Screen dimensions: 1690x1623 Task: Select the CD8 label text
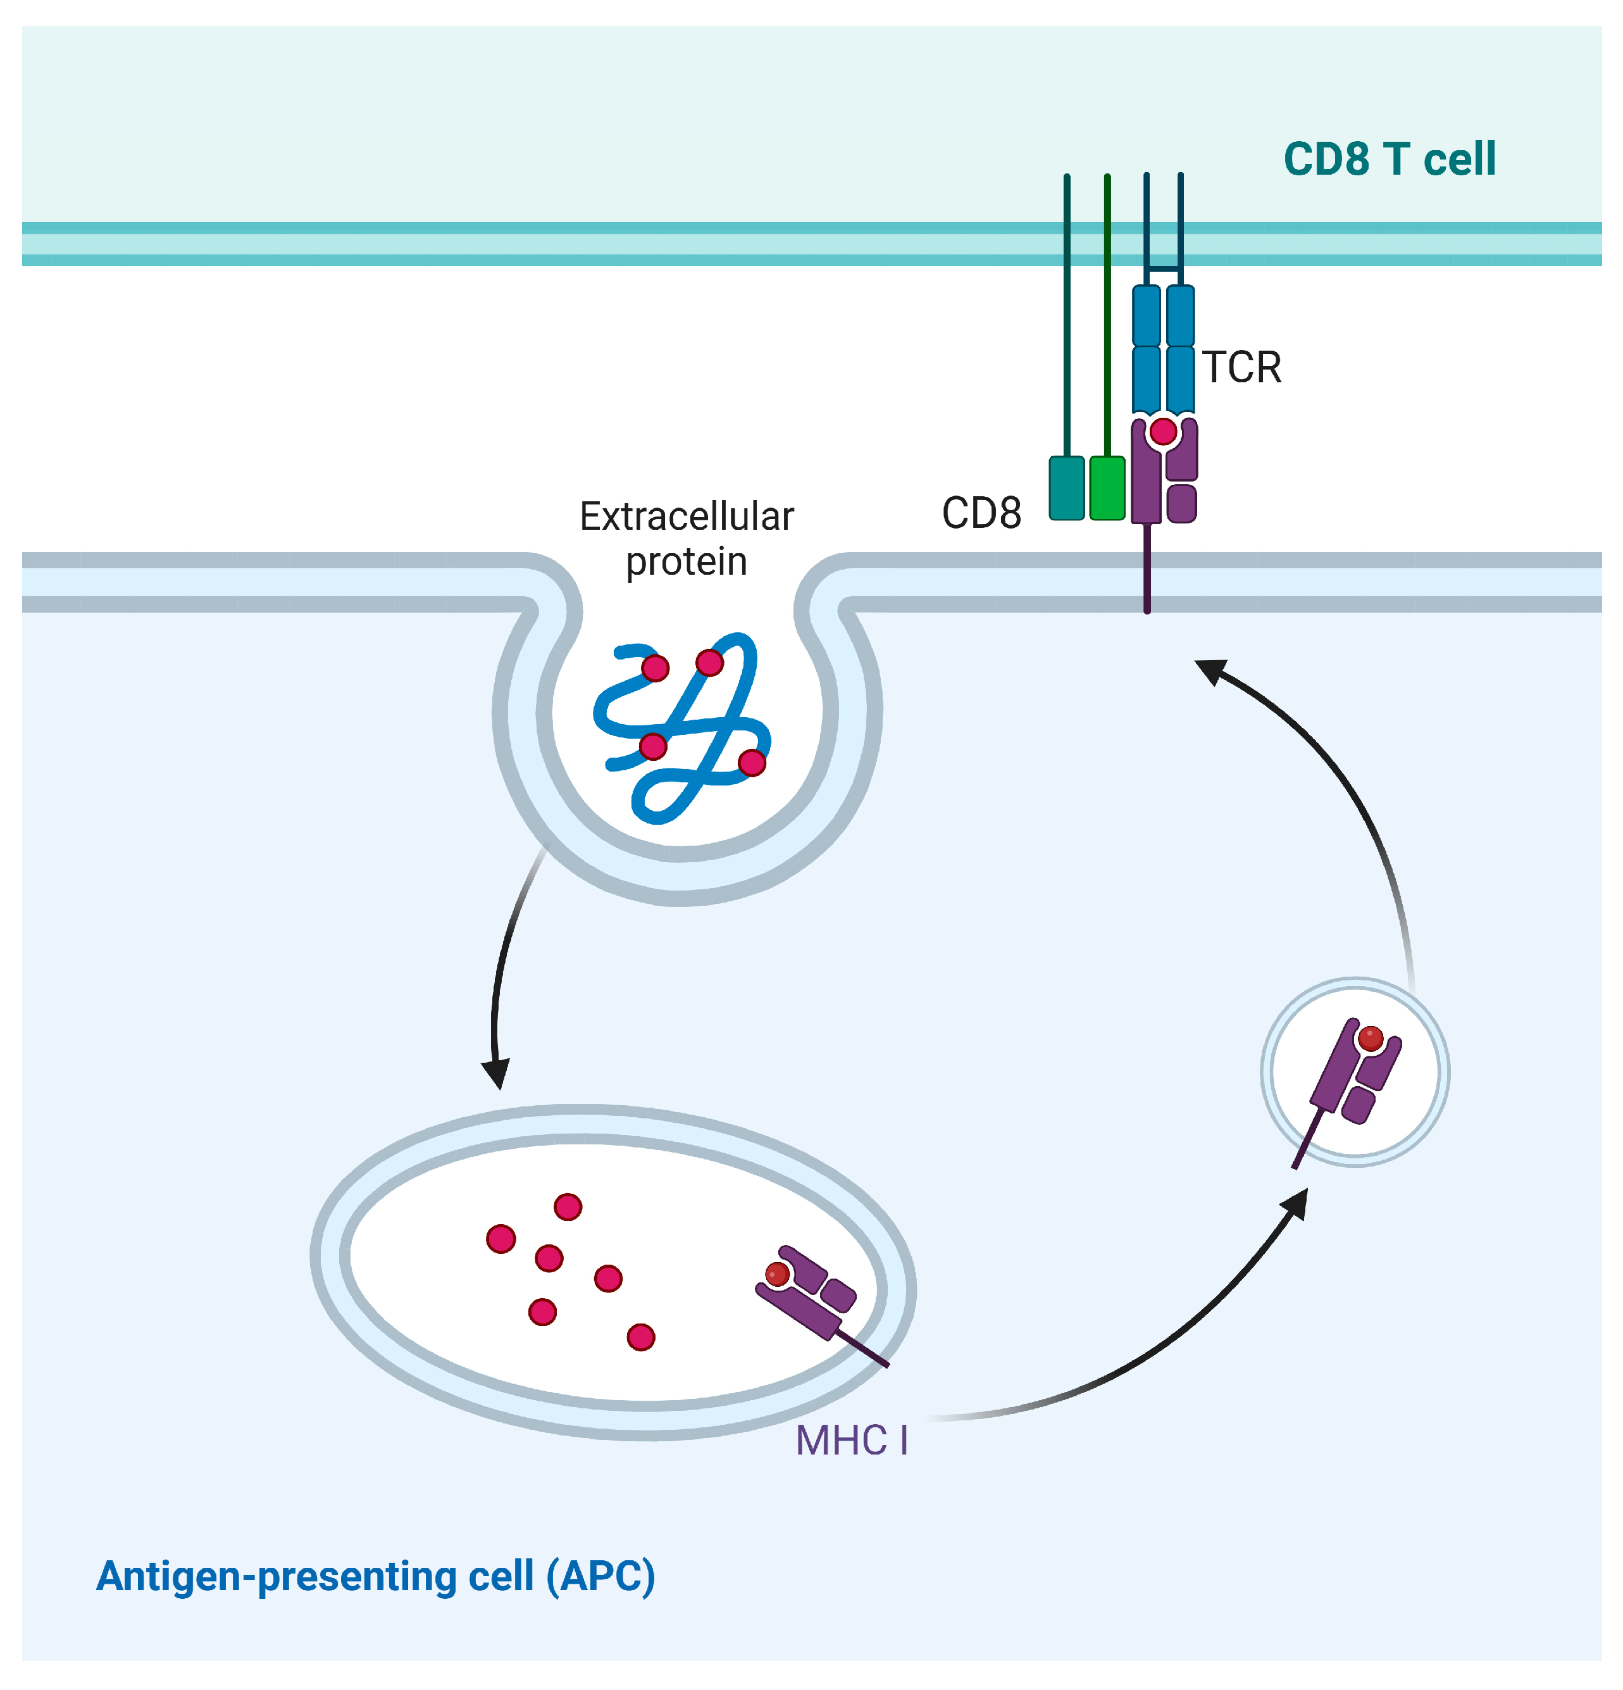point(981,513)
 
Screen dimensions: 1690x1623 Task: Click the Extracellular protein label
point(686,538)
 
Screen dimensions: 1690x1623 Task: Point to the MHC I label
point(850,1440)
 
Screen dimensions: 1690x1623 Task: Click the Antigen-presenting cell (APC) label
point(376,1576)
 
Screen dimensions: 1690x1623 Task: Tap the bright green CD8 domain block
point(1107,488)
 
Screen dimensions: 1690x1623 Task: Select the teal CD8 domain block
point(1066,488)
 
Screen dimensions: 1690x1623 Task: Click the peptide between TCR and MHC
point(1163,430)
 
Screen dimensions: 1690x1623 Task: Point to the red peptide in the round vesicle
point(1370,1038)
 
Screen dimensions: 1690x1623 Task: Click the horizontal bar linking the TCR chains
point(1163,269)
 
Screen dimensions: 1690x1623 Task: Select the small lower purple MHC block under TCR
point(1181,504)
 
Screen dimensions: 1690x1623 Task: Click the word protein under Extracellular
point(686,562)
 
